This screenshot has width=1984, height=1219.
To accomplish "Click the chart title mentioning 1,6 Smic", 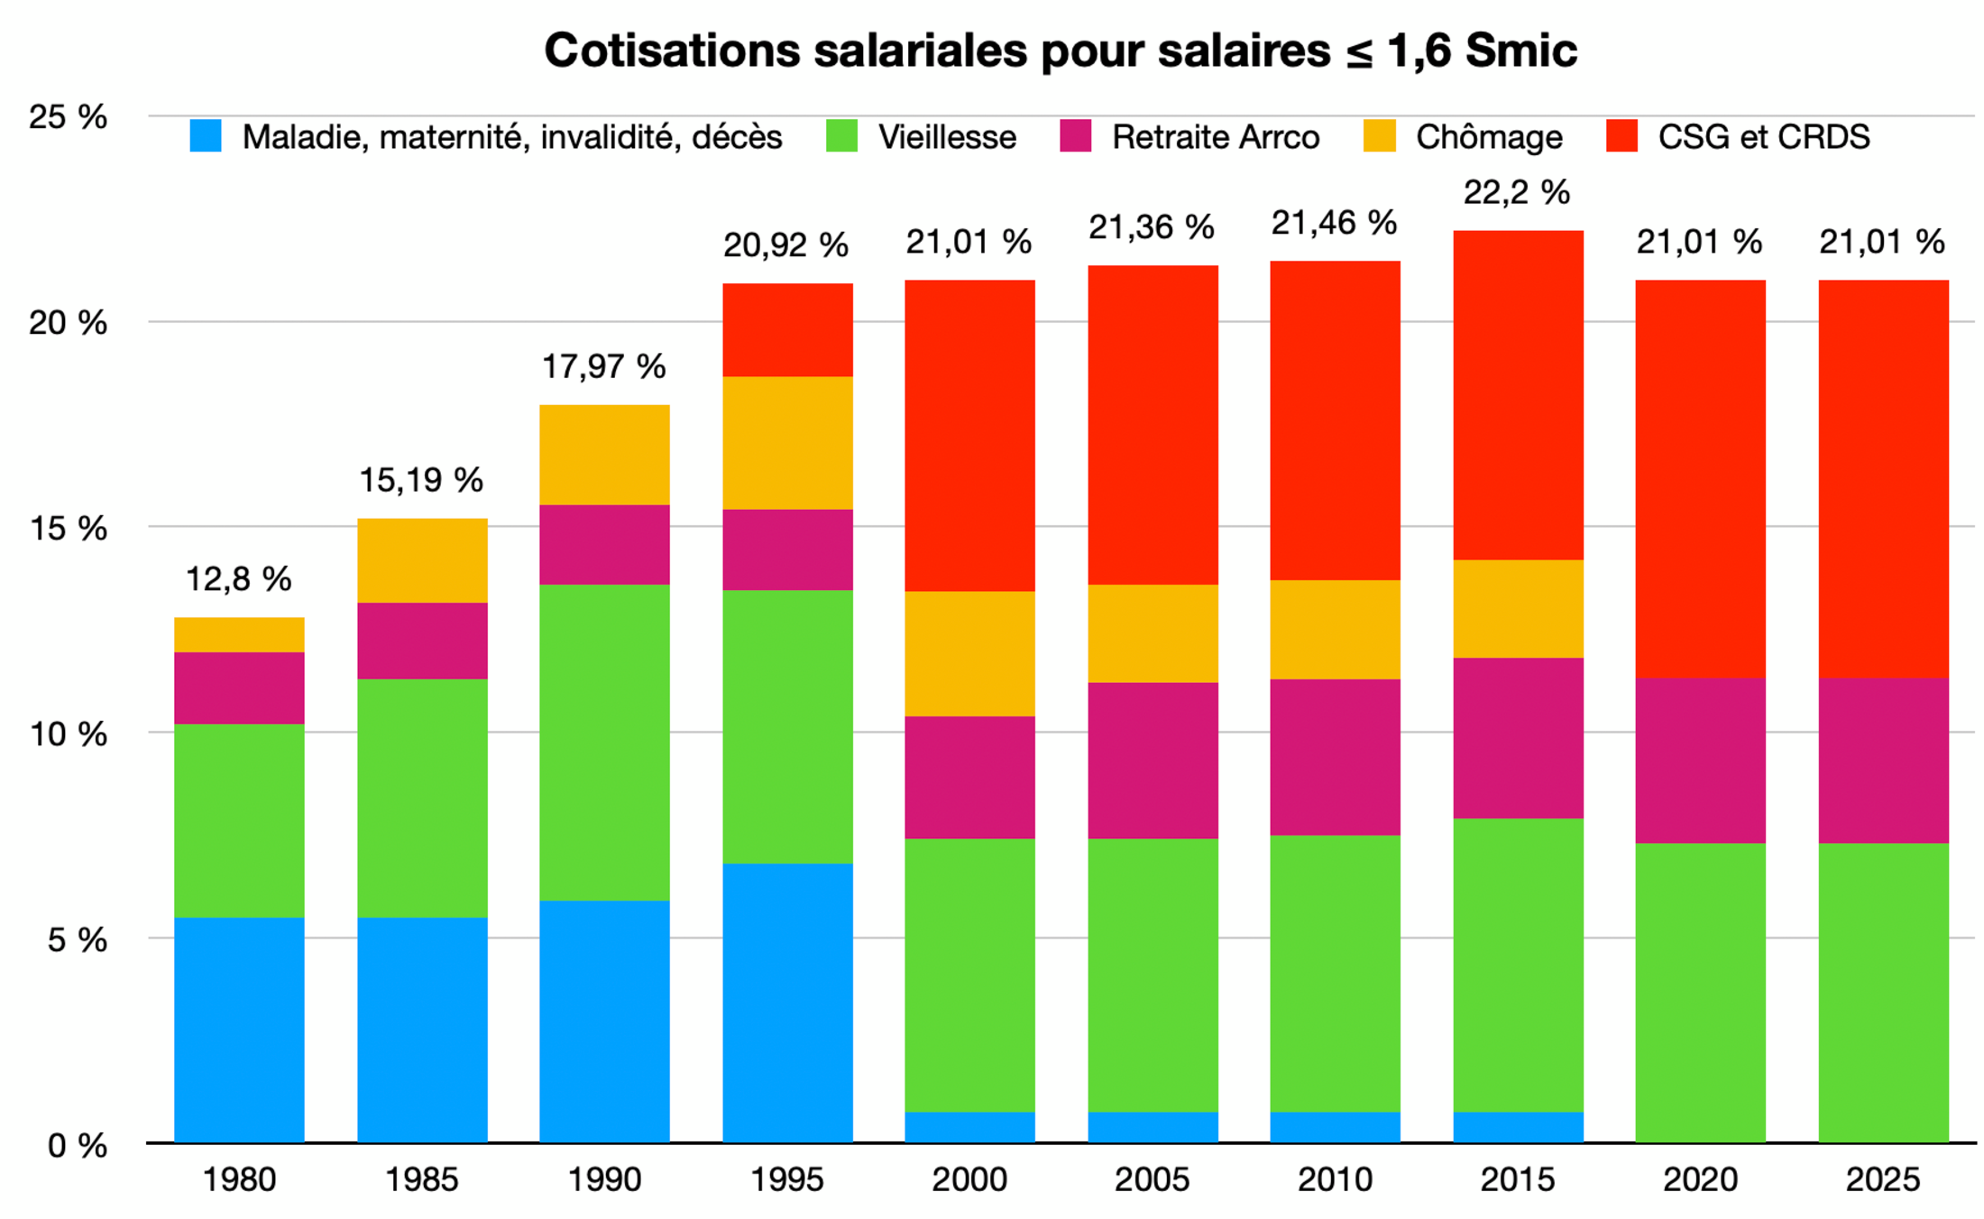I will [1060, 51].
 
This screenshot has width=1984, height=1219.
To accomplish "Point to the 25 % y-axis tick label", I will [68, 116].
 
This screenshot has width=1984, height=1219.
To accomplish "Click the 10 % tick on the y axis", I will [68, 734].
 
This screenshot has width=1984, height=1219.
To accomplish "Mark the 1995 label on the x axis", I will [786, 1178].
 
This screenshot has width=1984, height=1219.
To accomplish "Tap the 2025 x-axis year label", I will [1882, 1178].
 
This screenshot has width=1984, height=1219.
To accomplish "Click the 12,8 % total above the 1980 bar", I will [238, 579].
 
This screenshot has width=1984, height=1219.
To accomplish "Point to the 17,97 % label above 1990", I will [603, 366].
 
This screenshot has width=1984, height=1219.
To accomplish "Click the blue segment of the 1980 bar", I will [239, 1029].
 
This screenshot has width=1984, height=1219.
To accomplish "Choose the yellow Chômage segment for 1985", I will [422, 560].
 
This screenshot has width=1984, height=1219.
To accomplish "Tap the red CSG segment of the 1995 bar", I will [787, 329].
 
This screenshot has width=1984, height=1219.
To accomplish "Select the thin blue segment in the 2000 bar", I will [969, 1126].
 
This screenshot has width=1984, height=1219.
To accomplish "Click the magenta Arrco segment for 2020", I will [1700, 760].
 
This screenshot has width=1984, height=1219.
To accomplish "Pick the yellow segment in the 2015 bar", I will [1518, 608].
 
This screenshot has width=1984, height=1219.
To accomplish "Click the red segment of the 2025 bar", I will [1883, 478].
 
